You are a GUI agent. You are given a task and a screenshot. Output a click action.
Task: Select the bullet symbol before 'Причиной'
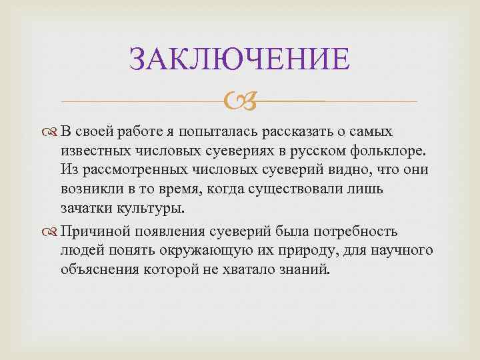[53, 232]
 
